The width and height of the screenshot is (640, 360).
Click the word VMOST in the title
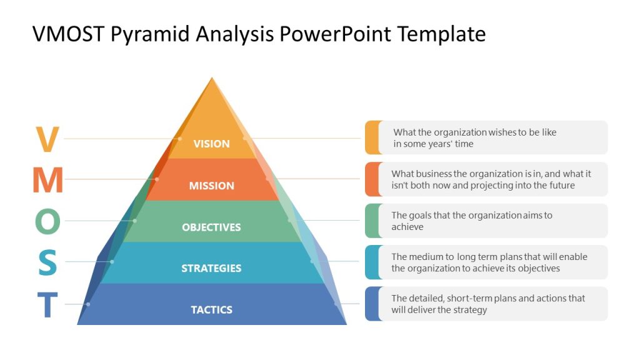pos(69,34)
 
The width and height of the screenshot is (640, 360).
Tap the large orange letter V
pos(47,139)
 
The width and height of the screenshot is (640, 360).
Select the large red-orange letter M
pos(47,181)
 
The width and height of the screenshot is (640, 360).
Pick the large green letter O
pos(47,222)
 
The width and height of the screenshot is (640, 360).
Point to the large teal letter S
pos(47,263)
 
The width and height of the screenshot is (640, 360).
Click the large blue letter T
pos(47,306)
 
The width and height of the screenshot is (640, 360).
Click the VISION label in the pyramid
pos(211,144)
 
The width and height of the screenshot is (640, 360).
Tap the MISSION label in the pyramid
pos(211,186)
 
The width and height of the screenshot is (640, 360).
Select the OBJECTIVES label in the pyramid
pos(211,227)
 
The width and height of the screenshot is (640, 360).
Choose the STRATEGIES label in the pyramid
pos(211,269)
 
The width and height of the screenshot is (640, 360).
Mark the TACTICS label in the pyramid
pos(211,310)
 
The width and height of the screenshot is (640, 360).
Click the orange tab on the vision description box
pos(372,137)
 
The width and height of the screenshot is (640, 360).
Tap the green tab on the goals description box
pos(372,221)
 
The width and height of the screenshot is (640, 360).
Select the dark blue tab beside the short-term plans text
pos(372,304)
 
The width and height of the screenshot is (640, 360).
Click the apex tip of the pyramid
pos(212,79)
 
